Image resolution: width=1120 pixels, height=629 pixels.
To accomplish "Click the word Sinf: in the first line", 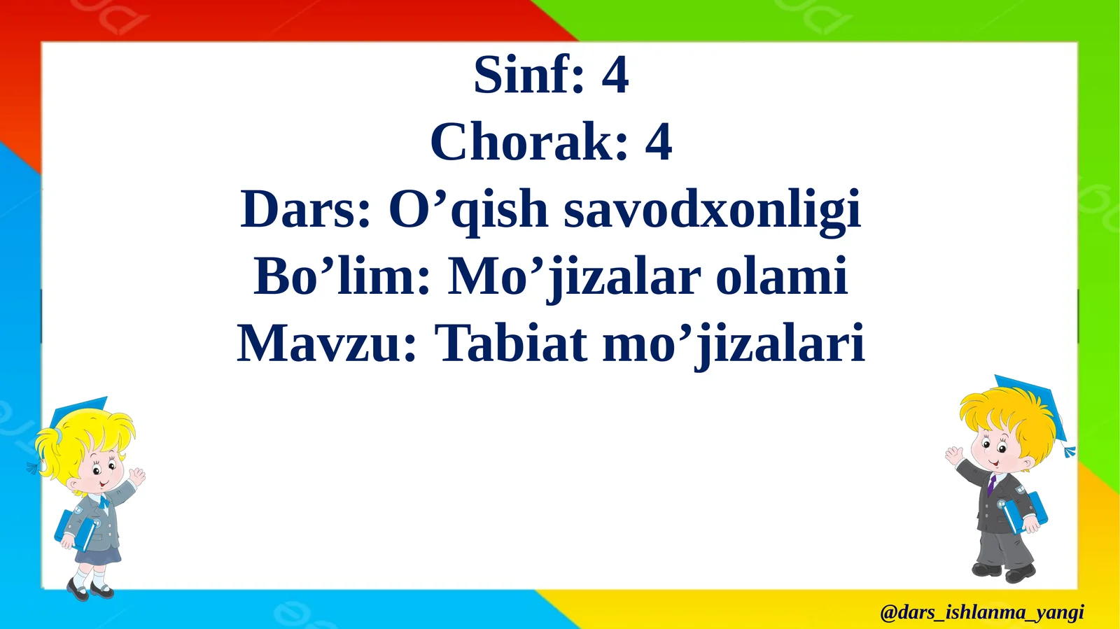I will coord(528,75).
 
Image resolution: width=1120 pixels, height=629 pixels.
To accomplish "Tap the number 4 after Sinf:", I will coord(615,75).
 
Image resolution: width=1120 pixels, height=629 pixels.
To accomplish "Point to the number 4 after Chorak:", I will coord(658,142).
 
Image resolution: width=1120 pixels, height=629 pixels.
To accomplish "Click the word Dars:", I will coord(305,209).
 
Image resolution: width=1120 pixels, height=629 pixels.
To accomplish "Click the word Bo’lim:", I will coord(342,276).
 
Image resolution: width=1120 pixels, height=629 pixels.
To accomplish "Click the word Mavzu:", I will coord(327,344).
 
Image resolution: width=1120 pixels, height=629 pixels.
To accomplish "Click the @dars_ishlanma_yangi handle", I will coord(981,612).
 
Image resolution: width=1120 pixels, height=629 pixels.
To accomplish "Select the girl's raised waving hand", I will coord(136,478).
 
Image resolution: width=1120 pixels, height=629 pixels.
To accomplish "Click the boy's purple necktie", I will coord(991,484).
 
